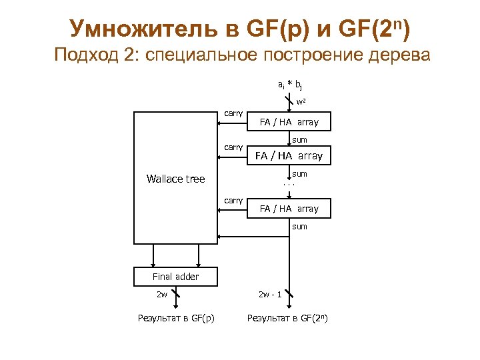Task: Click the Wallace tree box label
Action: coord(175,179)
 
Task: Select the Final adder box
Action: coord(175,277)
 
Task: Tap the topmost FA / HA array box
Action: coord(289,122)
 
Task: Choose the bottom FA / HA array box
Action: coord(289,209)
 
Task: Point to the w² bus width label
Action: coord(301,102)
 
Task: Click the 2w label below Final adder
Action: coord(161,293)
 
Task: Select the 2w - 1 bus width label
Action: coord(270,293)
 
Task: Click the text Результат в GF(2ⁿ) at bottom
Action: coord(287,318)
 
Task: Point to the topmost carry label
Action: coord(233,113)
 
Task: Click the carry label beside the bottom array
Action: coord(233,200)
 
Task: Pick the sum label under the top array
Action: coord(300,140)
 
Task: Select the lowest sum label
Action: coord(300,227)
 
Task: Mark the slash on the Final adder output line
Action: coord(175,293)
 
